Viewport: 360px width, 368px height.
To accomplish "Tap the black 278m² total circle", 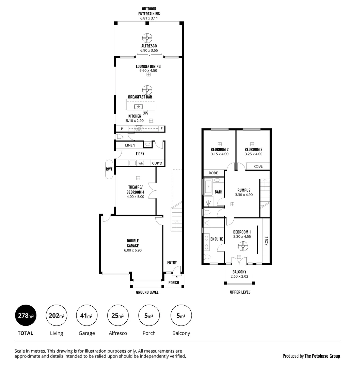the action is [26, 316].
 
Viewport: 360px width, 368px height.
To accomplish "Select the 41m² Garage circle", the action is [87, 316].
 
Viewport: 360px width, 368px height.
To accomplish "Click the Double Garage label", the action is [133, 243].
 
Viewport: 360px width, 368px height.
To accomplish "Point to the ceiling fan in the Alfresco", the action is [147, 37].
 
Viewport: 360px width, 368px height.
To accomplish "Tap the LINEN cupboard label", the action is [130, 145].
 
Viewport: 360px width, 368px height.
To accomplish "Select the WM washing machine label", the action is [141, 164].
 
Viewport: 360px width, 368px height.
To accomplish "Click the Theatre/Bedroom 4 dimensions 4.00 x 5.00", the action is [136, 197].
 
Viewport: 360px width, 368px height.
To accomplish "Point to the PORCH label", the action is [174, 282].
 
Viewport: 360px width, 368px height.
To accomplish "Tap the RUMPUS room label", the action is [244, 190].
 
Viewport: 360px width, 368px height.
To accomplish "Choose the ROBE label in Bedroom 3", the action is [258, 166].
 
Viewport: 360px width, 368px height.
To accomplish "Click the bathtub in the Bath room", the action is [208, 187].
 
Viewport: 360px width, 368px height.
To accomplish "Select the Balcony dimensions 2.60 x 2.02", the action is [239, 276].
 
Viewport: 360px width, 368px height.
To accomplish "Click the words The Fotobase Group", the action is [322, 356].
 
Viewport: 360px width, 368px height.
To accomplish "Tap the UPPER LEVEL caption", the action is [240, 292].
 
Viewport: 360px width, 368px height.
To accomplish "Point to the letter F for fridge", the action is [161, 129].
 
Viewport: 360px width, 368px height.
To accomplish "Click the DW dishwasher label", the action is [145, 113].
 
